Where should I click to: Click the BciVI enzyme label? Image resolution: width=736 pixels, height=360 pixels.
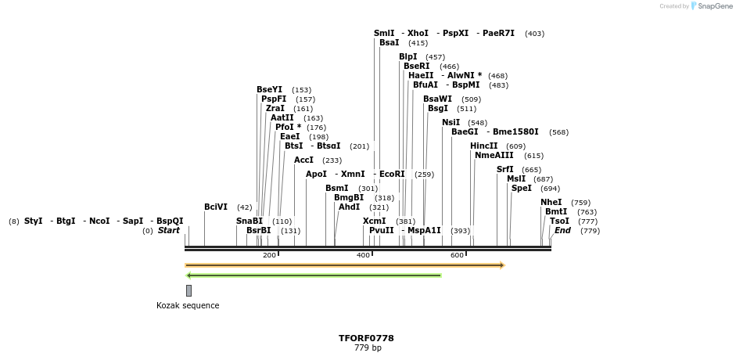(216, 207)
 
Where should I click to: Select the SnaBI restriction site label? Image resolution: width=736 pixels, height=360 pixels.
(250, 221)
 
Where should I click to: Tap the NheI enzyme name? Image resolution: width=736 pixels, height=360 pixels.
(551, 202)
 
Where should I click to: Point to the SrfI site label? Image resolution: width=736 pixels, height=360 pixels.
(505, 169)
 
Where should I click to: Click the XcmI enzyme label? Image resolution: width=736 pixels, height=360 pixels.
(374, 221)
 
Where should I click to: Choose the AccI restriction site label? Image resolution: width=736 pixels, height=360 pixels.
(303, 160)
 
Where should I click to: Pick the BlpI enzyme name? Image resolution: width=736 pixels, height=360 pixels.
(408, 56)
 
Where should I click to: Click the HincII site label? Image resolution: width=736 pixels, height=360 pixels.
(483, 146)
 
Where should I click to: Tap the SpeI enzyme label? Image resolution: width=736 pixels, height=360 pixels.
(521, 188)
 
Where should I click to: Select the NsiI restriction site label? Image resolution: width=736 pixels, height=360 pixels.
(451, 122)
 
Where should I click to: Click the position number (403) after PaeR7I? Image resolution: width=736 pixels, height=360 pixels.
(534, 34)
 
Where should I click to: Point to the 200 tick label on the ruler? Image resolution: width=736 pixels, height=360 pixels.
(269, 255)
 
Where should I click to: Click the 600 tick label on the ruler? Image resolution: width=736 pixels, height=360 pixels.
(457, 255)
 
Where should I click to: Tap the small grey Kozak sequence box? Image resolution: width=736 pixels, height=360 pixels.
(188, 290)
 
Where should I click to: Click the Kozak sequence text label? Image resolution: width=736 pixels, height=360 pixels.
(188, 305)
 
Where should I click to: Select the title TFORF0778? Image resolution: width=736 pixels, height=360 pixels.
(366, 338)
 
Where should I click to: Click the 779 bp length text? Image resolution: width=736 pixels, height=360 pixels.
(368, 347)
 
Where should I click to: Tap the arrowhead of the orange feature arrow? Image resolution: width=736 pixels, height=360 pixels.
(502, 265)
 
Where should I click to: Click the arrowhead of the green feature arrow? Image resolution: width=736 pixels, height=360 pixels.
(188, 275)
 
